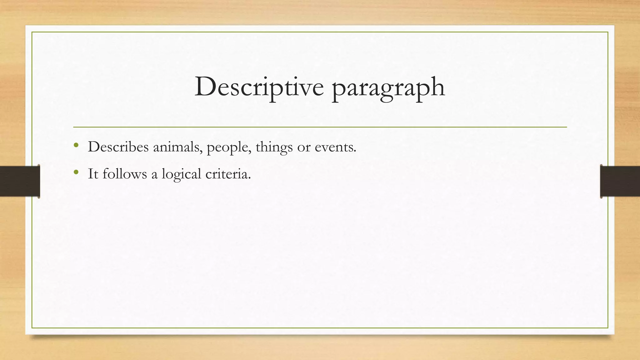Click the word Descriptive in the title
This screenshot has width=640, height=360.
pos(259,87)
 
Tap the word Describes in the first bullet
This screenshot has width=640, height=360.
pos(118,147)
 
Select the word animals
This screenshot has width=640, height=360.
pos(177,147)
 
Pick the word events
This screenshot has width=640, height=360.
pos(335,147)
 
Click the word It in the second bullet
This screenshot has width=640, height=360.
pos(93,174)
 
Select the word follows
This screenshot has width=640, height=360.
pos(125,174)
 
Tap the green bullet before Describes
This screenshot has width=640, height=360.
pos(76,145)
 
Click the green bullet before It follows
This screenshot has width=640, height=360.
pos(76,172)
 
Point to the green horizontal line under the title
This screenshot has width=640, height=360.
pos(320,127)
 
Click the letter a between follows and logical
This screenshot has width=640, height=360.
pos(154,175)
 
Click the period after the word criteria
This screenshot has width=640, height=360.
pos(249,178)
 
